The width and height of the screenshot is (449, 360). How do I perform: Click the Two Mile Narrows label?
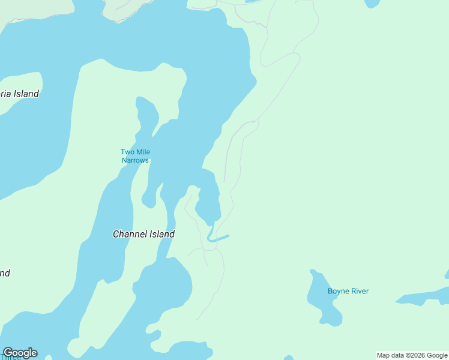[135, 156]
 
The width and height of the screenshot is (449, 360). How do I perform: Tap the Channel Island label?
[143, 234]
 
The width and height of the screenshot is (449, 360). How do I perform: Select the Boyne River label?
[348, 292]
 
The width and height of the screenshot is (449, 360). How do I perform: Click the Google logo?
[20, 353]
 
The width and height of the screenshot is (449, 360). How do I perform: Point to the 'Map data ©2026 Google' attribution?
[412, 355]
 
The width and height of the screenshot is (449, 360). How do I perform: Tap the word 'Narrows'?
[135, 160]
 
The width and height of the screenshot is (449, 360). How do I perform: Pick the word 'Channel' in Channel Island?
[130, 234]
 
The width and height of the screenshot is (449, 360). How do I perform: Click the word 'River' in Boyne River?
[360, 292]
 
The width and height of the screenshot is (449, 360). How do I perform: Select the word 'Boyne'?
[338, 292]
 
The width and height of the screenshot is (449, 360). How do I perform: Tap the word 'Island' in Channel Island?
[161, 234]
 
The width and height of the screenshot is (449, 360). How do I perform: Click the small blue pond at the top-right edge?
[372, 3]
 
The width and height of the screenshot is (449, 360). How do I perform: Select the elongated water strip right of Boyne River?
[423, 297]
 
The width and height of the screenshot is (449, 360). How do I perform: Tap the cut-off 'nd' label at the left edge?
[5, 273]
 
